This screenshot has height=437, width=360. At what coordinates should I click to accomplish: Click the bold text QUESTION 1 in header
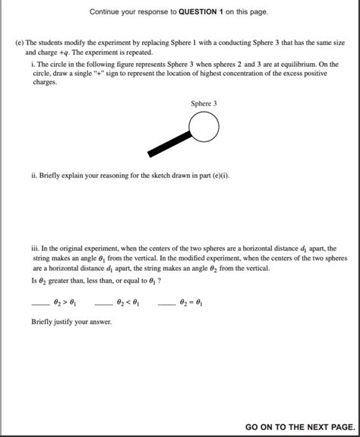(205, 12)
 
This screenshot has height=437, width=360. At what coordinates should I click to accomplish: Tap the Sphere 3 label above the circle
(204, 103)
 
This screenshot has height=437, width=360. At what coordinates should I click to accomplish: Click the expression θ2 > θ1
(65, 302)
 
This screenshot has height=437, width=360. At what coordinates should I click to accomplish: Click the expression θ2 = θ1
(192, 302)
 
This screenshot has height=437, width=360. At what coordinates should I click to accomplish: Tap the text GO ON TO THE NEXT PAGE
(299, 428)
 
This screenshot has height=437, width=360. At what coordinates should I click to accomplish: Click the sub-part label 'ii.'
(34, 176)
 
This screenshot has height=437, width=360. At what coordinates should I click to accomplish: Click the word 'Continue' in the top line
(107, 12)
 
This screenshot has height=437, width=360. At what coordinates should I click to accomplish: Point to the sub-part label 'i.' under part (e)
(33, 64)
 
